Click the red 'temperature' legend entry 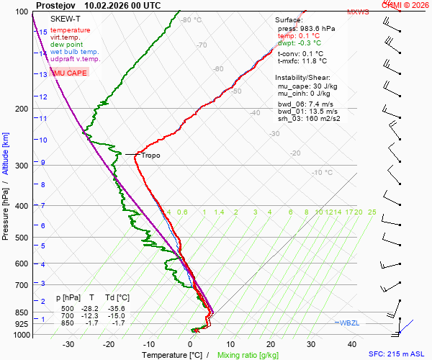[x=71, y=30]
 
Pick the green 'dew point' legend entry [x=67, y=45]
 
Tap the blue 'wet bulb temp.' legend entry [x=75, y=52]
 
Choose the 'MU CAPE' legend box [x=69, y=73]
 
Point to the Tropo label [x=150, y=156]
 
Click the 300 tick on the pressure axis [x=21, y=166]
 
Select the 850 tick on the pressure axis [x=21, y=312]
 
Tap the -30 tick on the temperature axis [x=68, y=344]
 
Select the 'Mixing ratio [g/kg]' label [x=248, y=355]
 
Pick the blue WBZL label [x=348, y=323]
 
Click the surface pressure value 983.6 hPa [x=317, y=28]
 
